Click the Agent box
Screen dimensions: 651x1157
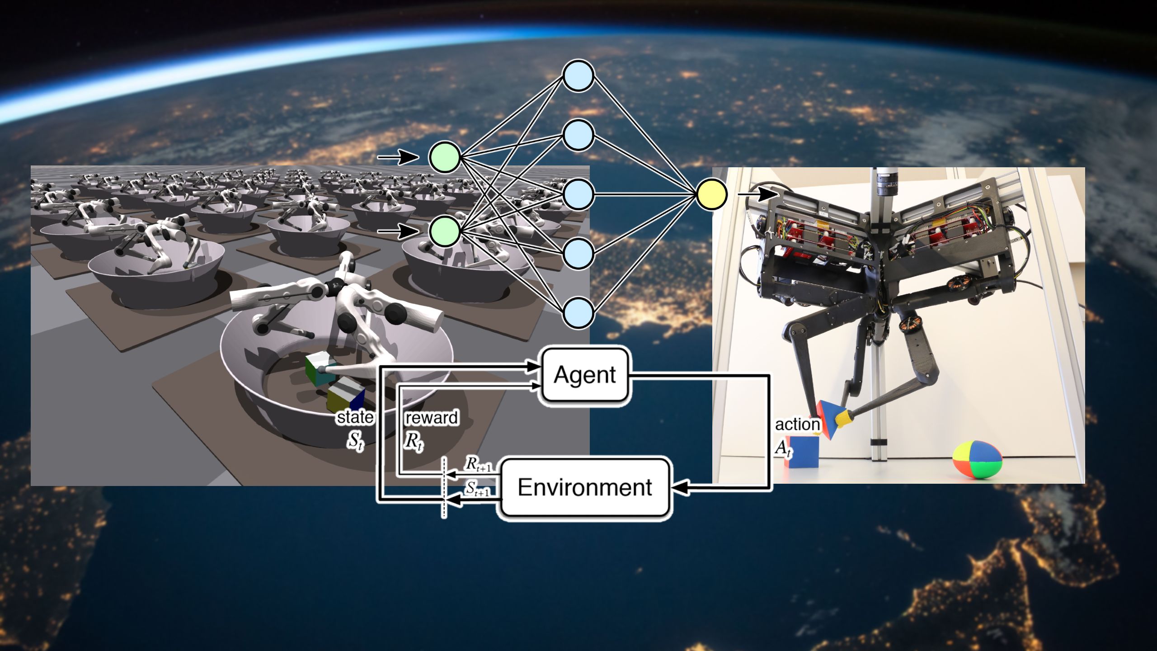(585, 375)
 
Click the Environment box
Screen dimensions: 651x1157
(585, 487)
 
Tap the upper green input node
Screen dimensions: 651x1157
(445, 157)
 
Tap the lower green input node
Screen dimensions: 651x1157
(445, 231)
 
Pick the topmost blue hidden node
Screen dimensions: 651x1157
(578, 76)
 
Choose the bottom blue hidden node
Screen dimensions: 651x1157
(578, 313)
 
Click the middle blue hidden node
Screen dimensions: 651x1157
(578, 194)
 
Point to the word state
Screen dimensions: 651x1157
(355, 417)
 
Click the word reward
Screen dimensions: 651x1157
(432, 418)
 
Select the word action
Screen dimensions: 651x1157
(798, 425)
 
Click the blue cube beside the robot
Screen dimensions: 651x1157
(804, 452)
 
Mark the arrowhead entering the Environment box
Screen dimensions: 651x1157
(680, 487)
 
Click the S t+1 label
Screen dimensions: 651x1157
(477, 489)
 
